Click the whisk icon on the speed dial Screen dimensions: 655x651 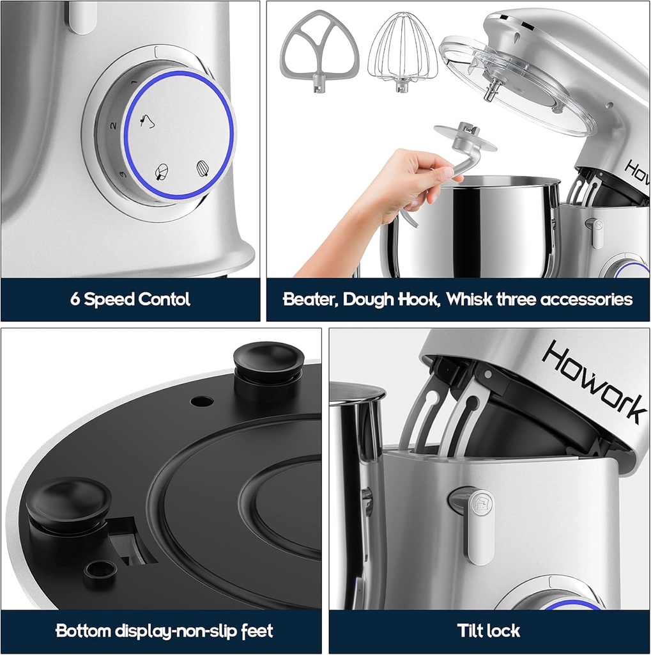tap(203, 168)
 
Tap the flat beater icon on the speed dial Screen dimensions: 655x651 tap(162, 171)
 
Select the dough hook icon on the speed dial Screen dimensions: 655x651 tap(148, 121)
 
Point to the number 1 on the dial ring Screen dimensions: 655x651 tap(134, 83)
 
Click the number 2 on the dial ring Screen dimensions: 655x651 tap(112, 126)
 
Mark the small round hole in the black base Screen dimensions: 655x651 tap(202, 401)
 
